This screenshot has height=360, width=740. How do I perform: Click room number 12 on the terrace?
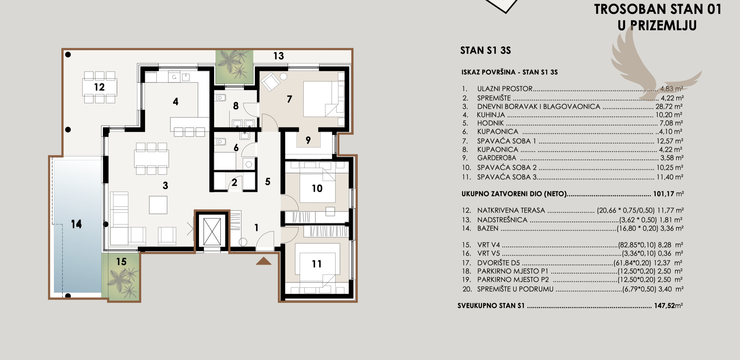(99, 87)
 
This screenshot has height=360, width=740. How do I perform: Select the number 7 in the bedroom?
(289, 99)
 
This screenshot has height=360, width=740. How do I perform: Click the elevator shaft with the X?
(212, 232)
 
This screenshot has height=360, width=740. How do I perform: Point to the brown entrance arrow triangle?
(264, 261)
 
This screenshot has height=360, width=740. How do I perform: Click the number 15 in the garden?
(121, 262)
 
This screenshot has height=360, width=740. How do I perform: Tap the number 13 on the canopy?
(279, 56)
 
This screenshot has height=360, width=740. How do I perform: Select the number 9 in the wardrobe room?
(308, 140)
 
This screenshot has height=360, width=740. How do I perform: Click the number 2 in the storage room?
(234, 182)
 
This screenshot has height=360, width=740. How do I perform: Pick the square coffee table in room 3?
(158, 205)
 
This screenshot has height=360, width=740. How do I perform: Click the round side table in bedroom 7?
(284, 76)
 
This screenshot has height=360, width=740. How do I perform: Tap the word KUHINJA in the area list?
(491, 115)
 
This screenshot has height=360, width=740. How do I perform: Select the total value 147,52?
(664, 306)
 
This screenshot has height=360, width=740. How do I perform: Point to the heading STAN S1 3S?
(486, 50)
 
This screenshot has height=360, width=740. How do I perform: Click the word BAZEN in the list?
(488, 228)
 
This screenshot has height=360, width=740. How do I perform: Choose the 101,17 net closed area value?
(663, 194)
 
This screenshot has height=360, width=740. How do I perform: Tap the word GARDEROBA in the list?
(497, 158)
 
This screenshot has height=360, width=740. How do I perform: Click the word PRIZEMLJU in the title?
(665, 26)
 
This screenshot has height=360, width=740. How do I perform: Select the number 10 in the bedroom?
(317, 189)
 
